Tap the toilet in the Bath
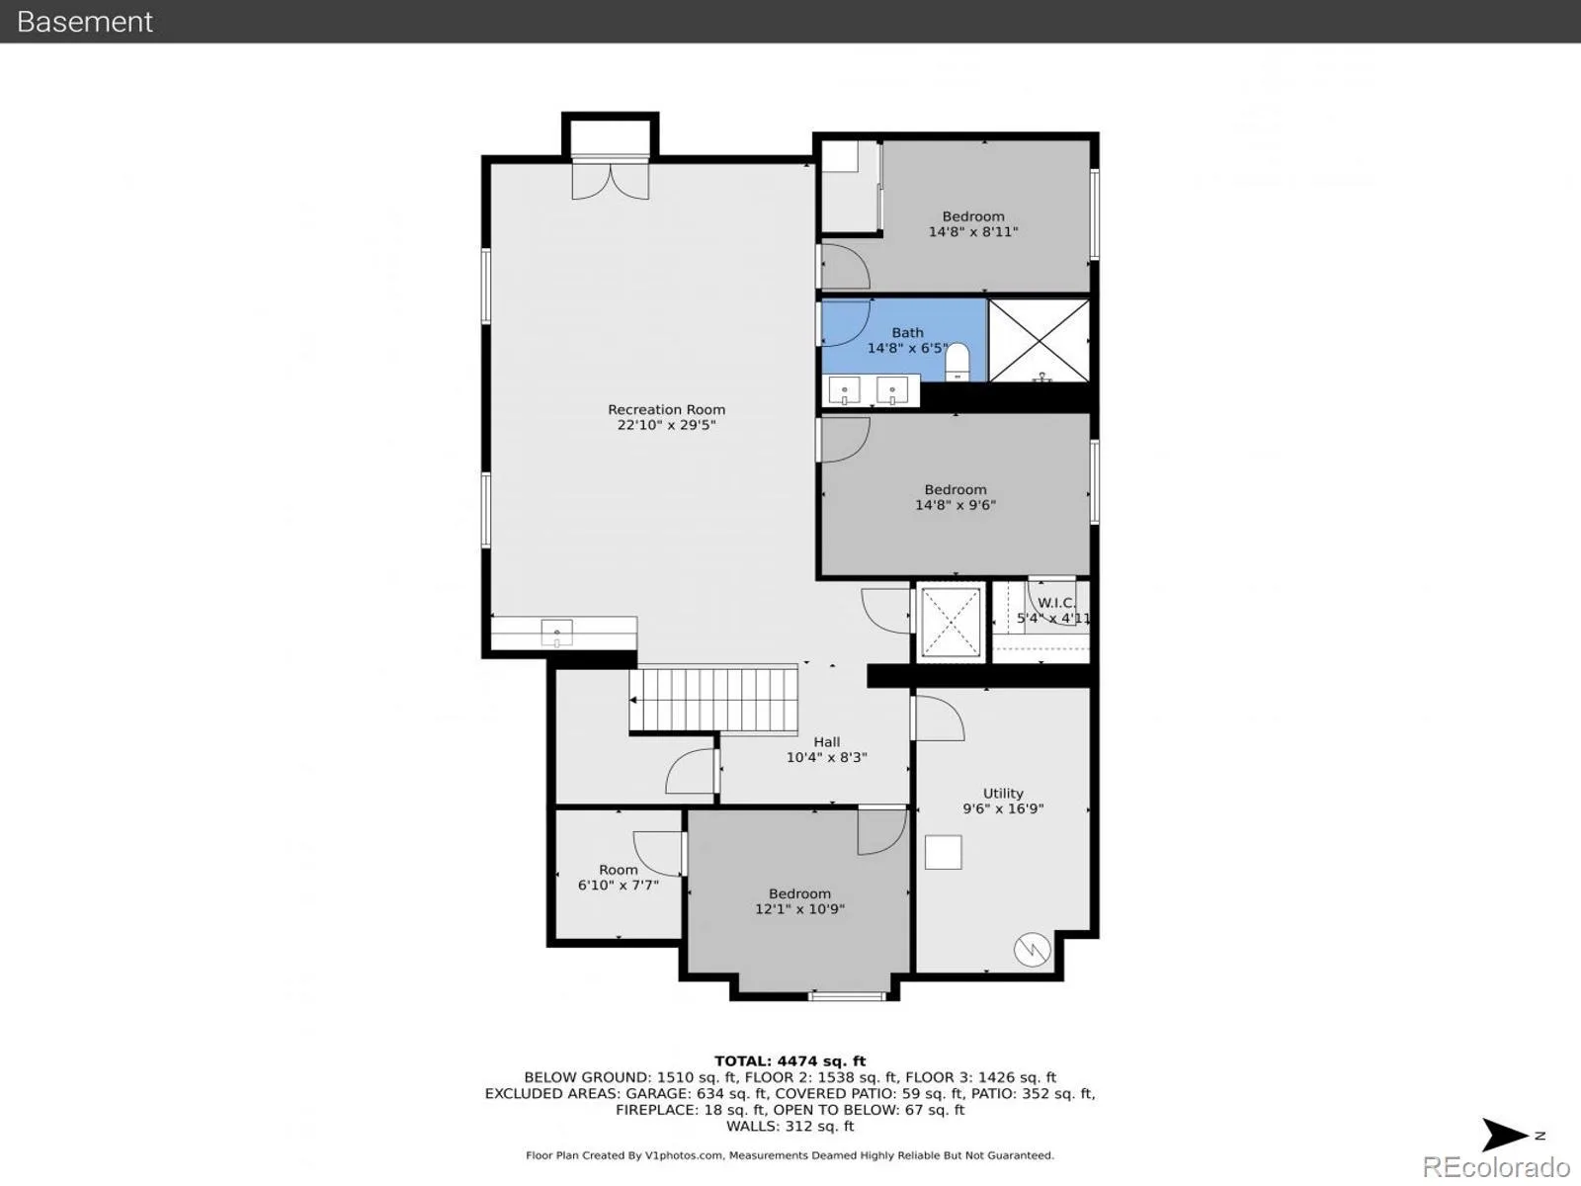(x=957, y=362)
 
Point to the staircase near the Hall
(x=713, y=699)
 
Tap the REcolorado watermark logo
(x=1496, y=1166)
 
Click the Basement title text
(x=84, y=22)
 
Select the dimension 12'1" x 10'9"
(x=799, y=908)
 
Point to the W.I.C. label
(x=1056, y=603)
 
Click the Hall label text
(x=827, y=741)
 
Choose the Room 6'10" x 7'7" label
(x=618, y=877)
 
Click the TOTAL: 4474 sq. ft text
(x=790, y=1060)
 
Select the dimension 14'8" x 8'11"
(x=973, y=232)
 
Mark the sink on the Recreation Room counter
(x=556, y=633)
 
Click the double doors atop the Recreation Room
(x=610, y=182)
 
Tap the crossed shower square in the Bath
(x=1039, y=341)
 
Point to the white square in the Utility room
(x=944, y=853)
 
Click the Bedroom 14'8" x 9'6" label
(x=956, y=497)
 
